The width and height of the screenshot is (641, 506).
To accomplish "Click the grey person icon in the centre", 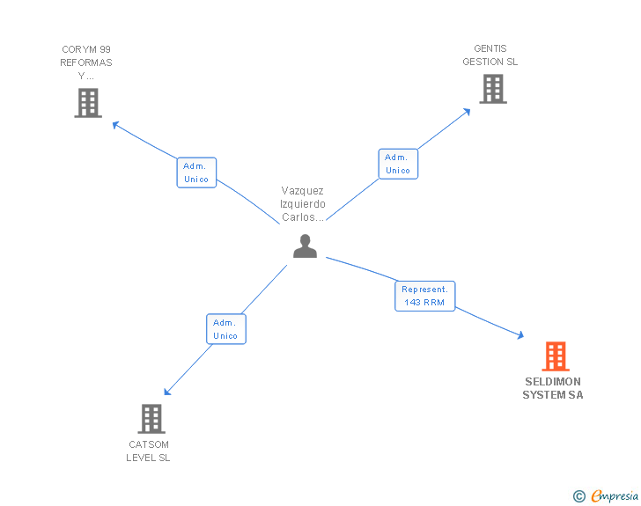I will pos(305,246).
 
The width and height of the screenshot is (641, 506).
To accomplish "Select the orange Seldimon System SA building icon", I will pos(555,356).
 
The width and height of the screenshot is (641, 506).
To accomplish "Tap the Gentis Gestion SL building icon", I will pos(493,89).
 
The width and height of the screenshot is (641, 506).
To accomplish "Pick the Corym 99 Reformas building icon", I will pos(87,103).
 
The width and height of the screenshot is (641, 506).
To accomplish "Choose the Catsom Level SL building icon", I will pos(151,419).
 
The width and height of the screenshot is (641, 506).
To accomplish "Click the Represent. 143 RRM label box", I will pos(425,296).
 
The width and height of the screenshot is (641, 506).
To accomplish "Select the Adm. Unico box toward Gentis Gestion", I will pos(398,164).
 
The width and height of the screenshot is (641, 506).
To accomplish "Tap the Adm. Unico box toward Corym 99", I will pos(196,172).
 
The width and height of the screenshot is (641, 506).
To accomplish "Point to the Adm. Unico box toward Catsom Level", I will pos(225,329).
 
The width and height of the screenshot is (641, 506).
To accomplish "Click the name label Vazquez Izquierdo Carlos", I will pos(303,203).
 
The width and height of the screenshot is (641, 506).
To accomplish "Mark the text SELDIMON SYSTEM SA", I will pos(553,389).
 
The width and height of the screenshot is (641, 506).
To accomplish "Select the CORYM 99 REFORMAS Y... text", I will pos(86,62).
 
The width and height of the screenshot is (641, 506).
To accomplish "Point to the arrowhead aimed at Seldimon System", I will pos(520,335).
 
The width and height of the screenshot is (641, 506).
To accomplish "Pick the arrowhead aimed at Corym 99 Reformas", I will pos(115,124).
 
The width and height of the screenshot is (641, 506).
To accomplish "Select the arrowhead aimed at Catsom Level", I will pos(167,392).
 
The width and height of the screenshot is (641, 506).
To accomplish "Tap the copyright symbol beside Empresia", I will pos(579,496).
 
